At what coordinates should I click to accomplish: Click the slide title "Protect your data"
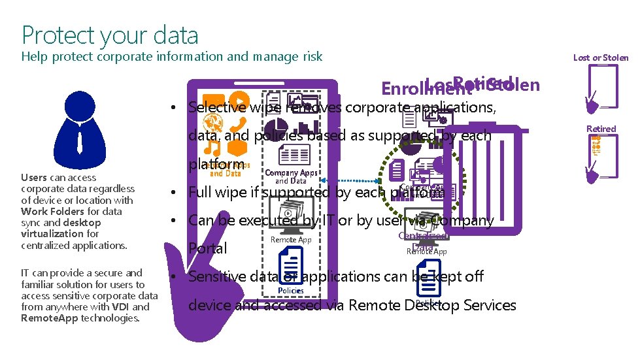(110, 35)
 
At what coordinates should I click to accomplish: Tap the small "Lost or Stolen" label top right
(600, 57)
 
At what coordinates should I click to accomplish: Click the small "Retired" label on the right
(601, 129)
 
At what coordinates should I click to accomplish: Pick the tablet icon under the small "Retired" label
(601, 157)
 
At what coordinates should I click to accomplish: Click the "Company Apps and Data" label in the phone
(291, 176)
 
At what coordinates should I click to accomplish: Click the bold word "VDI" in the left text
(120, 307)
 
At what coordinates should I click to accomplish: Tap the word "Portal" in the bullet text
(207, 249)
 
